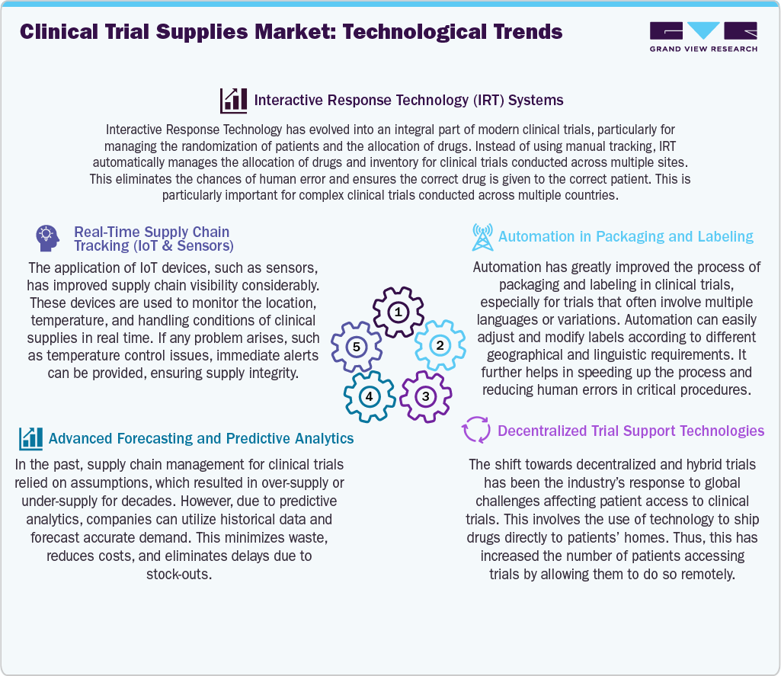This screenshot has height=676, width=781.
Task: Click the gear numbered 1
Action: click(398, 312)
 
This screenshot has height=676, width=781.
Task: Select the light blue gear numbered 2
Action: click(440, 345)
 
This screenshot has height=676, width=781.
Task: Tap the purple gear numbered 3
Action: click(426, 396)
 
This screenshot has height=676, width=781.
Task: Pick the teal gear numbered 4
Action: click(369, 396)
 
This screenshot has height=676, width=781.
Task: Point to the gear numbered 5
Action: click(356, 347)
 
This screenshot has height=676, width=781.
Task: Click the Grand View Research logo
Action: click(703, 37)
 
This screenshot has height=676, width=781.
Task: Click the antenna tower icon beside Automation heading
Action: click(482, 237)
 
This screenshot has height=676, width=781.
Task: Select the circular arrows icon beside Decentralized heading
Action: click(476, 431)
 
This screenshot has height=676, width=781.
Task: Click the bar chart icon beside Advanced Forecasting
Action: click(31, 438)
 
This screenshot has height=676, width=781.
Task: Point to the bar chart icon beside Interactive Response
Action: click(233, 100)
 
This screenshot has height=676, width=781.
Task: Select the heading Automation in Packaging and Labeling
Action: click(626, 236)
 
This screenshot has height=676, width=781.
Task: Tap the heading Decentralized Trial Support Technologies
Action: click(631, 431)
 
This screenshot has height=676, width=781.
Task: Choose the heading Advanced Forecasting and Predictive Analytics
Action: click(201, 438)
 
